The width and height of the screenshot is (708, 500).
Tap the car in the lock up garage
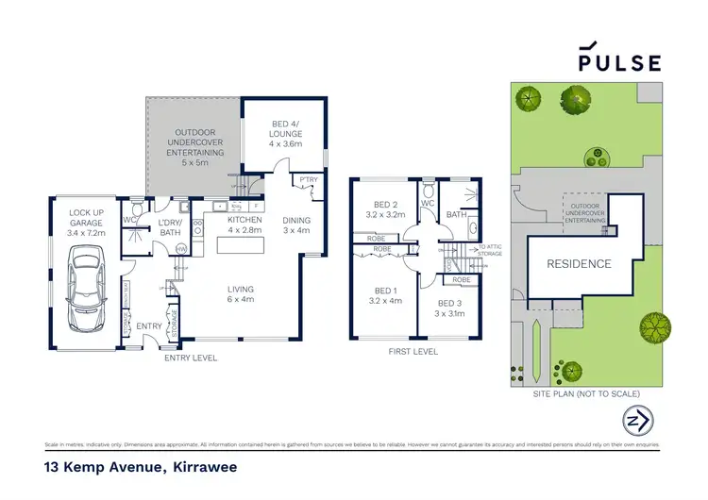tap(84, 295)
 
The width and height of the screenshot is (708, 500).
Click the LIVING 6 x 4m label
tap(241, 295)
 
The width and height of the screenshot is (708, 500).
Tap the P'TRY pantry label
tap(308, 180)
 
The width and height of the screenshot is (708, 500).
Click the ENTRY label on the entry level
tap(149, 325)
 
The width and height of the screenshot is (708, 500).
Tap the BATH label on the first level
tap(457, 214)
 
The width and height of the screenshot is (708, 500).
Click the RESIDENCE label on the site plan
tap(580, 263)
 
